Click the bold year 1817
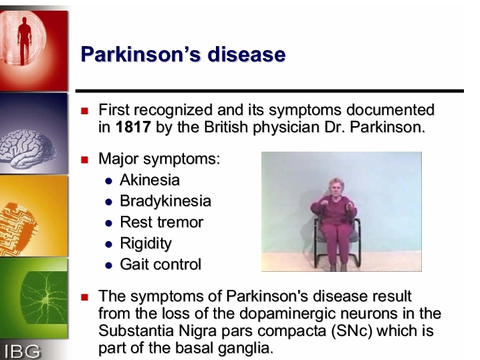pos(133,127)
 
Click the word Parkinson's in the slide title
pos(141,54)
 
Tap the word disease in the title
pos(247,54)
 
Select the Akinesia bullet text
pos(149,180)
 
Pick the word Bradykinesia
pos(165,201)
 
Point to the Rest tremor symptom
pos(161,222)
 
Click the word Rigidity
pos(146,244)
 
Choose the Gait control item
pos(160,264)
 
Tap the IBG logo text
pos(22,352)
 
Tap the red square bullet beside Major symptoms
pos(84,160)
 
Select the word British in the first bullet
pos(225,127)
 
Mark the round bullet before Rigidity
pos(108,244)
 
